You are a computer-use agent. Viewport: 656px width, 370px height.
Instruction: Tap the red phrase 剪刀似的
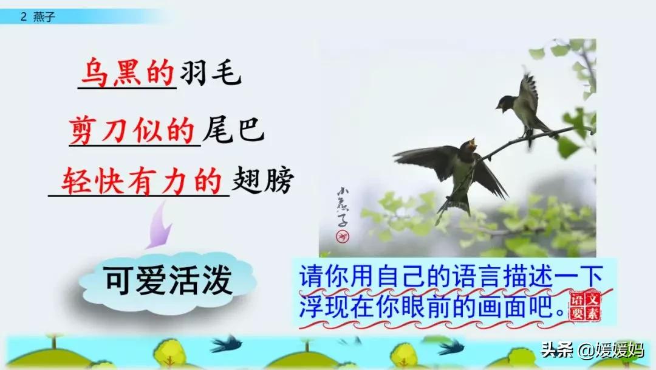coord(132,128)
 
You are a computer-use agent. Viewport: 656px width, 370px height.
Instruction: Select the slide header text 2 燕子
coord(38,17)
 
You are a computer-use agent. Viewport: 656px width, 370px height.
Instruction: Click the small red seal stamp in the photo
coord(344,234)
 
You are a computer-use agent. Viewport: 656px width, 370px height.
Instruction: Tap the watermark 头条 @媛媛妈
coord(592,351)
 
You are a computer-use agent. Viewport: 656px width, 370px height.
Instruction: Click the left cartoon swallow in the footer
coord(226,344)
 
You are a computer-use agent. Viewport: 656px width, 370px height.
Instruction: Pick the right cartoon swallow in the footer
coord(451,347)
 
